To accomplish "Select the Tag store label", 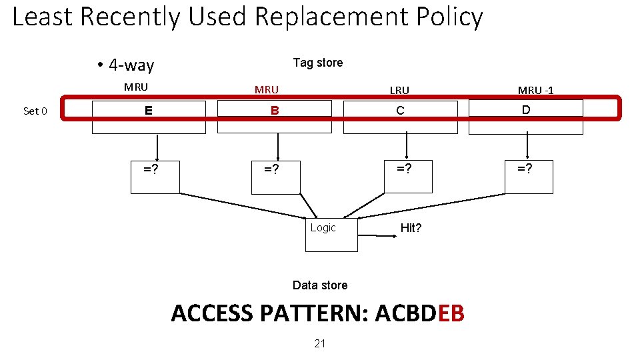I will [318, 63].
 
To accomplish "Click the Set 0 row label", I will [35, 111].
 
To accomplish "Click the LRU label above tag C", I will [400, 90].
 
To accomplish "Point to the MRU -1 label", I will [536, 90].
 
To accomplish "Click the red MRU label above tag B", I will [267, 89].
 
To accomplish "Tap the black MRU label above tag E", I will [136, 87].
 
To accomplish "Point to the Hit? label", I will [411, 228].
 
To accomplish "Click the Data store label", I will [320, 285].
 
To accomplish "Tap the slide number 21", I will [320, 343].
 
